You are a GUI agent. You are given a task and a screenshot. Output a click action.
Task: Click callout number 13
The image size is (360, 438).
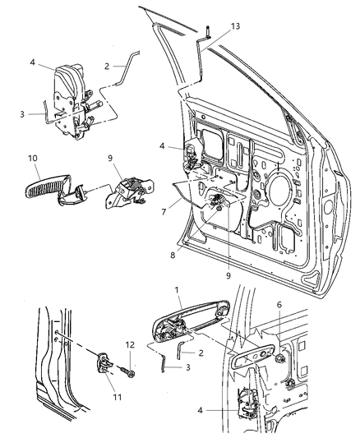coord(236,27)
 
